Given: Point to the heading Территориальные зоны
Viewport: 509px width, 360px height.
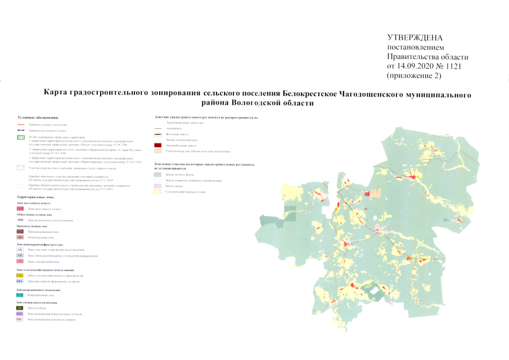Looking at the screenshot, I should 37,197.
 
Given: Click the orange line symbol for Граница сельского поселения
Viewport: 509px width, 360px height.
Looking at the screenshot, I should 21,124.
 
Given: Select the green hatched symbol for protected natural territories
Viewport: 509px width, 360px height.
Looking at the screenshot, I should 21,137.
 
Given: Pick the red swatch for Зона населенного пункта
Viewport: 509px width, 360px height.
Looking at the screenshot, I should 21,209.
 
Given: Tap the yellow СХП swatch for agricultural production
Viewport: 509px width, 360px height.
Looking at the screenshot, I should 21,276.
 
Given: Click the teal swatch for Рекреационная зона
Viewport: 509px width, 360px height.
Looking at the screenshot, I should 21,294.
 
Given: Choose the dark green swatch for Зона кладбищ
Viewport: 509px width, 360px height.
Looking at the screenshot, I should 21,308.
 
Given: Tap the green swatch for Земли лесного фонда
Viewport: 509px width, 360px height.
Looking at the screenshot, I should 159,174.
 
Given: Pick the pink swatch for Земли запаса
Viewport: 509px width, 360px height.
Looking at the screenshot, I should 159,186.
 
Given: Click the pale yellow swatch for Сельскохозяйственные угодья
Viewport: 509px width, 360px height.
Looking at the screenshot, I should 159,192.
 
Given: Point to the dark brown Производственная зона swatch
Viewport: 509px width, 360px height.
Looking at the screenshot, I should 21,232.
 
